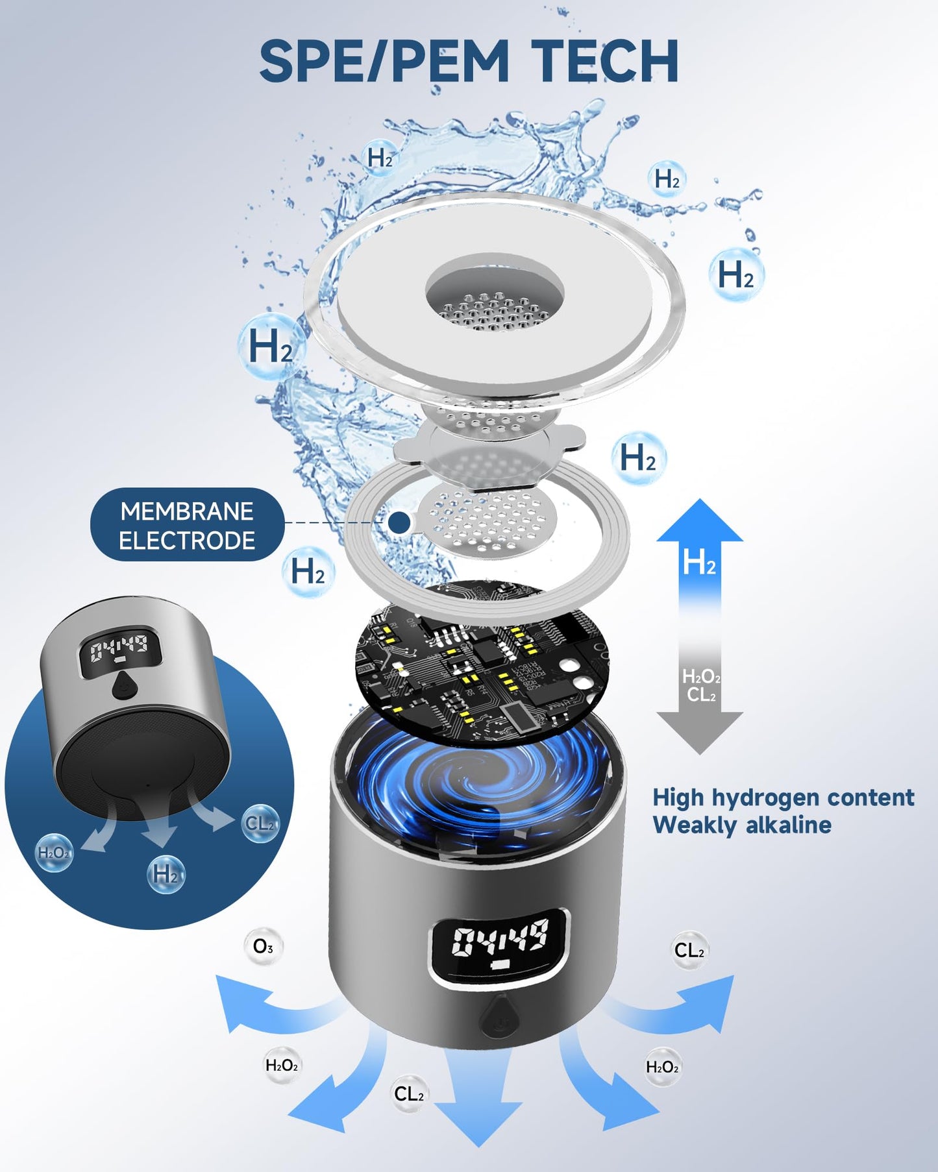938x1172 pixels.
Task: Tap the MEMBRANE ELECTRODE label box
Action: coord(187,526)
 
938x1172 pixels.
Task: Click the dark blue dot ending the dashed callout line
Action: coord(399,522)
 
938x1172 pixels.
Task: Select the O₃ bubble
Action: coord(263,947)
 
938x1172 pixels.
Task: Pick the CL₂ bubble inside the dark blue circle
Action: coord(260,824)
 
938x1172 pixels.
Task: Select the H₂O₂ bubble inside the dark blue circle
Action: coord(55,853)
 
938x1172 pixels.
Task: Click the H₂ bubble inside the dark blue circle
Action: coord(166,874)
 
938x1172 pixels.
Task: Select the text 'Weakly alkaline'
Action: coord(741,825)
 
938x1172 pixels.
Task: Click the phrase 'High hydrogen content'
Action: coord(783,797)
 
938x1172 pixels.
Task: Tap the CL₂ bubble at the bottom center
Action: coord(409,1094)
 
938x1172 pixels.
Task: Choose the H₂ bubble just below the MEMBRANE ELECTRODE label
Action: coord(308,572)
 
